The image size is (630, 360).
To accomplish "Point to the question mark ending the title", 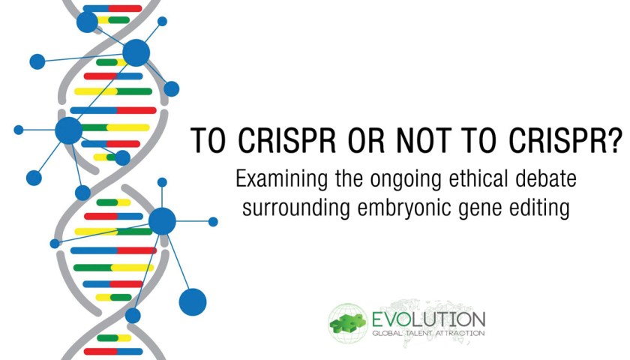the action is click(615, 139).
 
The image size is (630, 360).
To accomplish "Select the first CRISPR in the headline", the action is click(288, 140).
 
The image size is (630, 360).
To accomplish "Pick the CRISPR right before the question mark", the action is click(557, 140).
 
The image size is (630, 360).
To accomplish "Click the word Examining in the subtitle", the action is click(281, 178).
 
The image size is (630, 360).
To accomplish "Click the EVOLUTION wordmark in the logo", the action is click(428, 319).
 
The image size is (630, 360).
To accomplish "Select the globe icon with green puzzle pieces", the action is click(348, 323).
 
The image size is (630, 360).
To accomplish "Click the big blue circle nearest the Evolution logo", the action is click(193, 301).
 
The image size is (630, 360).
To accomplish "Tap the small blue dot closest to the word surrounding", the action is click(213, 221).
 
